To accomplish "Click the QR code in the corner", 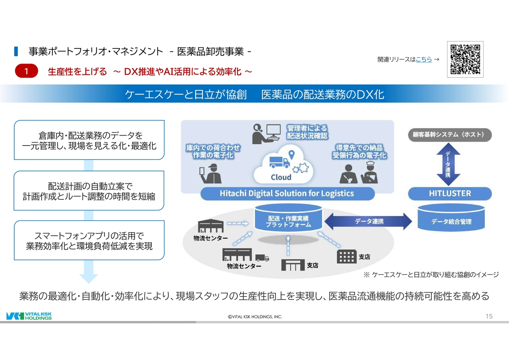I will (x=465, y=59).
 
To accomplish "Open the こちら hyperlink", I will (x=424, y=60).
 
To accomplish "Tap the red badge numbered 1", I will (x=26, y=71).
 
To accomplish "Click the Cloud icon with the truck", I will (x=283, y=164).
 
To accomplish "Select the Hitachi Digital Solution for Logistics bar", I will (x=287, y=194).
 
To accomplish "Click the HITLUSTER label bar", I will (x=450, y=194).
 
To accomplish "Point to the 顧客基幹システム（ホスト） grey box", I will (x=449, y=135).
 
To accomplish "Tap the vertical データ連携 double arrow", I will (x=448, y=164).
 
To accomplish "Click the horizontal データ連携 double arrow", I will (x=368, y=221).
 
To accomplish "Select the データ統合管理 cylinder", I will (x=451, y=219).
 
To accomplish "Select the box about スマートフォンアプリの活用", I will (x=89, y=241).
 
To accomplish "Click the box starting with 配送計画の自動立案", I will (x=89, y=191).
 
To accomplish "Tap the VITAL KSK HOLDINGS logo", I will (x=29, y=316).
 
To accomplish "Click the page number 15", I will (x=489, y=316).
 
